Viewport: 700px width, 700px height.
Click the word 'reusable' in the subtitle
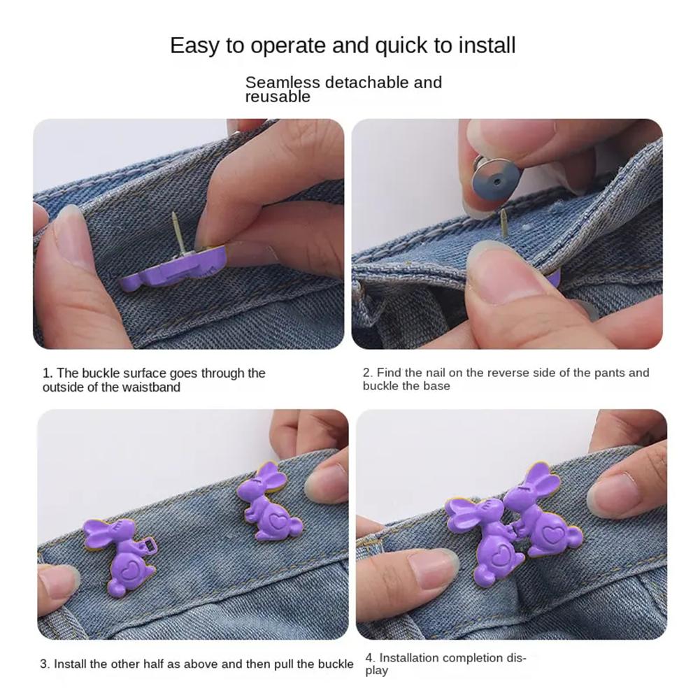[x=278, y=97]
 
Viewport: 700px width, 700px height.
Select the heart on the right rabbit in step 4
[x=550, y=532]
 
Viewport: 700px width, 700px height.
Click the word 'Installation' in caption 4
[x=409, y=657]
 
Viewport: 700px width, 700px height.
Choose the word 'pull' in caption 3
[x=283, y=664]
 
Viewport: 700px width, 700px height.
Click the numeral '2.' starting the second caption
[x=367, y=373]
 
